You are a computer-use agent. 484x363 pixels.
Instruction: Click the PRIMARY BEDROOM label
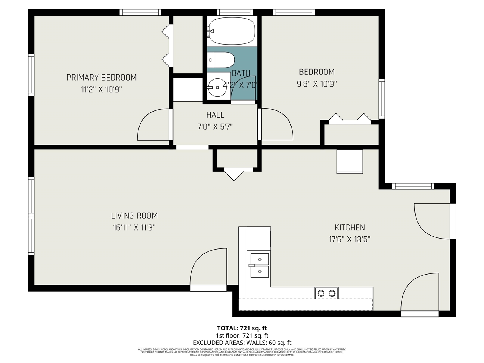(x=101, y=78)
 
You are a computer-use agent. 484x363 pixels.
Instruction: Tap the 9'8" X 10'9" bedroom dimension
(x=316, y=84)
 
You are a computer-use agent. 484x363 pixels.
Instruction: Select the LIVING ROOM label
(x=134, y=216)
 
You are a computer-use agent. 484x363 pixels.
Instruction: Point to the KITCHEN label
(x=349, y=227)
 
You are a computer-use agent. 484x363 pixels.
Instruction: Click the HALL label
(x=215, y=115)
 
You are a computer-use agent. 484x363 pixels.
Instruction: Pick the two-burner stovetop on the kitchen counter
(x=327, y=293)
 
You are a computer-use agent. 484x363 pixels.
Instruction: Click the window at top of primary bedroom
(x=140, y=12)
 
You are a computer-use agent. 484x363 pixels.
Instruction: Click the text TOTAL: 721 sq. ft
(x=242, y=328)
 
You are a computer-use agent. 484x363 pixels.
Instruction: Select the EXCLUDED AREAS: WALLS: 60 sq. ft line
(x=242, y=343)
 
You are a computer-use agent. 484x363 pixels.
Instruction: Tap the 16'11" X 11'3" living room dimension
(x=134, y=228)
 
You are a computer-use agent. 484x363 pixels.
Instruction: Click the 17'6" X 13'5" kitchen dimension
(x=349, y=239)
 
